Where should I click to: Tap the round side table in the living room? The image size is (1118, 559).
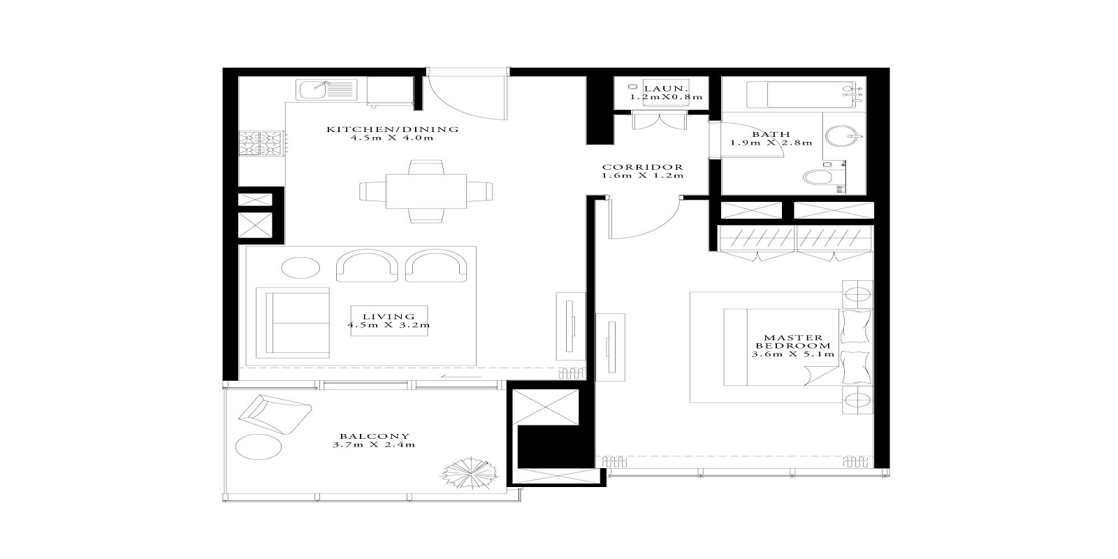[300, 268]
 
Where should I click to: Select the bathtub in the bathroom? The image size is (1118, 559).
[797, 94]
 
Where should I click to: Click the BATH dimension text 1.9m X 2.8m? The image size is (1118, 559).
[771, 143]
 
